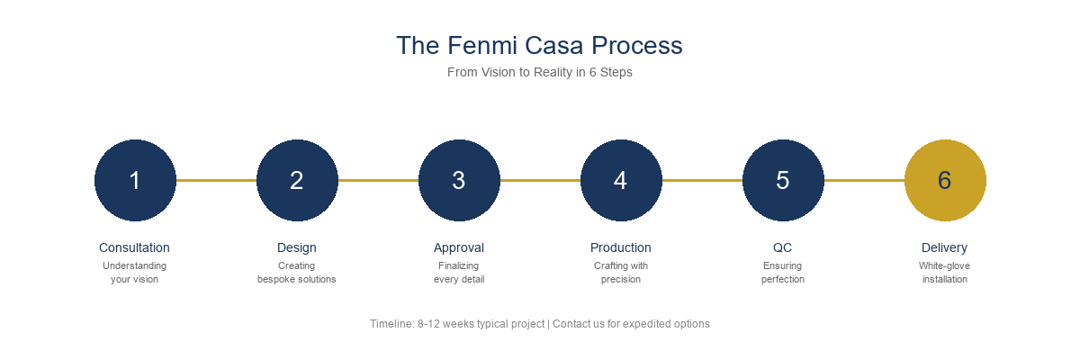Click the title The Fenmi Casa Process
(x=539, y=45)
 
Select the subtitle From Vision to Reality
(x=539, y=72)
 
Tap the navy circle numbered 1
(x=135, y=180)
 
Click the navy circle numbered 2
(x=297, y=180)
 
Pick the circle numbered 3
(x=459, y=180)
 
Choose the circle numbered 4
(x=621, y=180)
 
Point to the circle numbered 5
(x=783, y=180)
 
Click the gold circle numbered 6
(x=945, y=180)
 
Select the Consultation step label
(x=134, y=247)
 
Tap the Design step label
(x=297, y=247)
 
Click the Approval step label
(x=459, y=247)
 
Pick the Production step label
(x=621, y=247)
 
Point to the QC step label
(x=783, y=247)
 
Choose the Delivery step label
(x=945, y=247)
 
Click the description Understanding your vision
(x=134, y=273)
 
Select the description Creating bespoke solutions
(x=297, y=273)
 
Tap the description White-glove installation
(x=945, y=273)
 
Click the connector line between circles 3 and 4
(x=540, y=180)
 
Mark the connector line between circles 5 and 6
(x=864, y=180)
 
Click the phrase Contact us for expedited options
(x=631, y=324)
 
